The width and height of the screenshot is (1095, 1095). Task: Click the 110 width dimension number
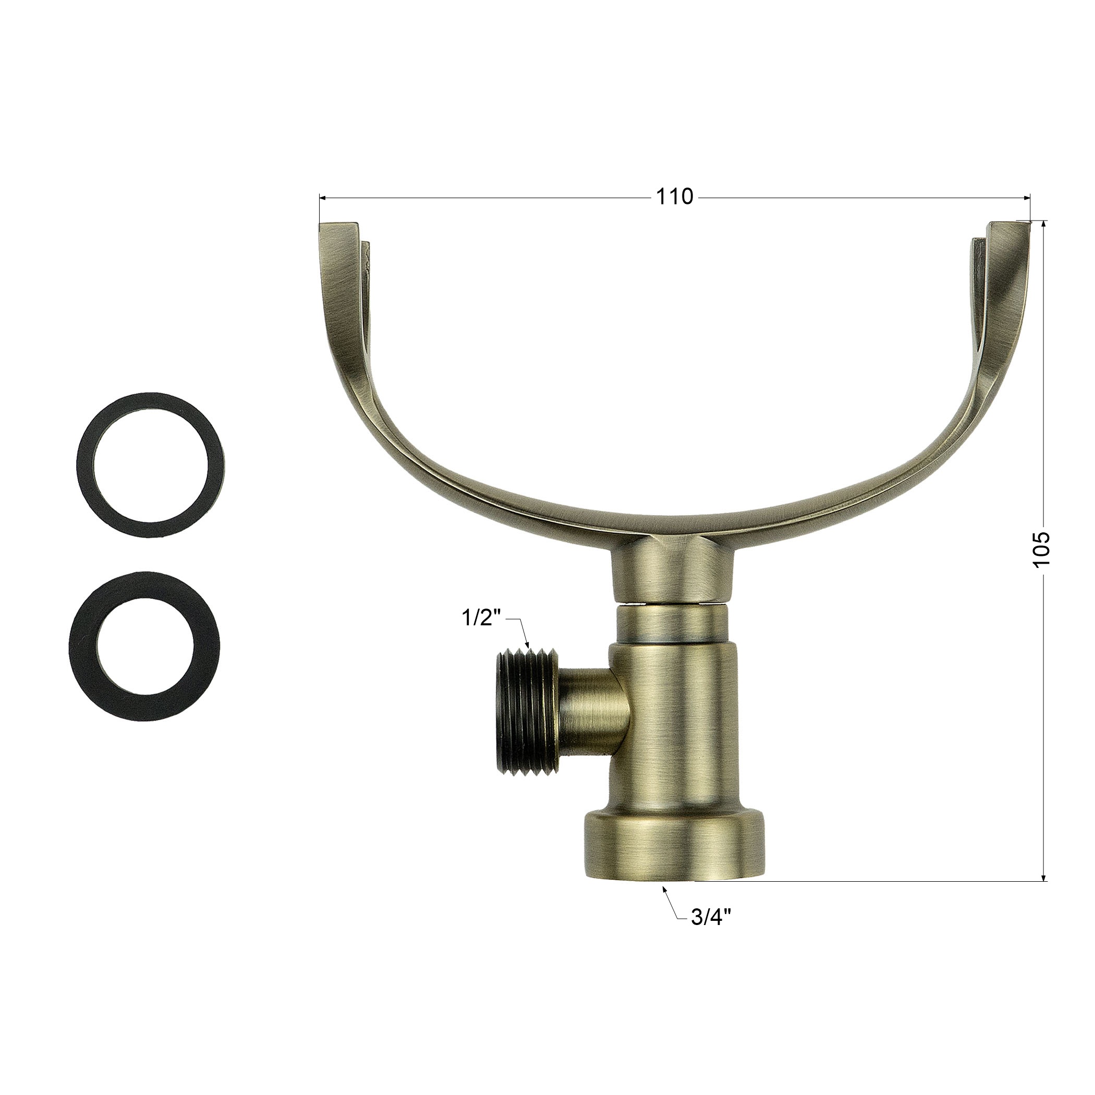pos(674,197)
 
